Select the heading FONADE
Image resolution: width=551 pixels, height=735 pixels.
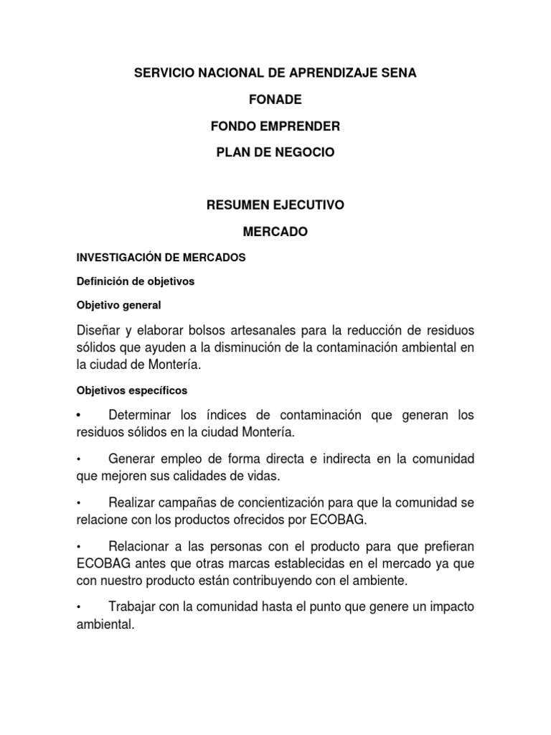(275, 100)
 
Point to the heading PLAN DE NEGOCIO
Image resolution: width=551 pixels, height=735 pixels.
(275, 153)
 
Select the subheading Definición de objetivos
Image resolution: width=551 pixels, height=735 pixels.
(136, 281)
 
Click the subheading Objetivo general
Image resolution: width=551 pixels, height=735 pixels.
(119, 305)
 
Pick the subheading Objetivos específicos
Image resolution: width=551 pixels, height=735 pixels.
(132, 390)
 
